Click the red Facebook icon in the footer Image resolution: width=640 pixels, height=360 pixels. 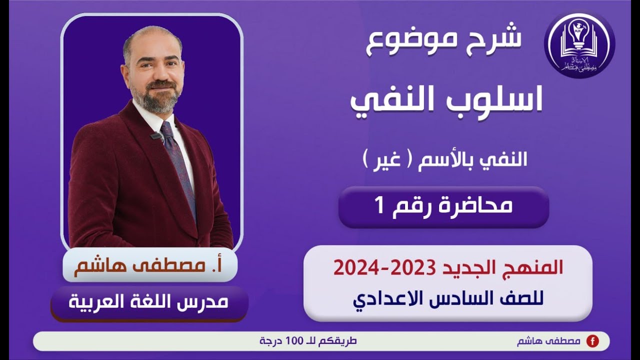pos(592,341)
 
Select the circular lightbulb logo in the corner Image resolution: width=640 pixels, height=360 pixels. pos(579,45)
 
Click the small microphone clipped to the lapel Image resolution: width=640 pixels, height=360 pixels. pos(156,135)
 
